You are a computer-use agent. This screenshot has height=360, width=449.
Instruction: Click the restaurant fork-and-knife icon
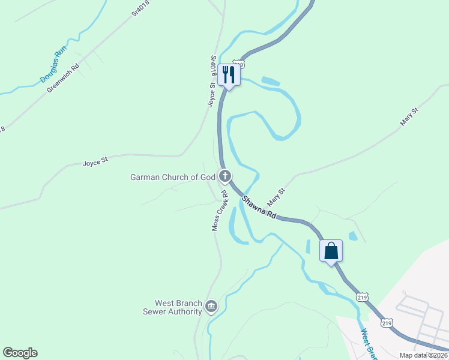click(x=229, y=74)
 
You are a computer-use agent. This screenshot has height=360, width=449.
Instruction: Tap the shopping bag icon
click(x=331, y=250)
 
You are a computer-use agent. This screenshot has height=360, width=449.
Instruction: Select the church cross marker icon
click(x=225, y=176)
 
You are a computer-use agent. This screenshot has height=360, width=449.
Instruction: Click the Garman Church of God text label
click(x=172, y=177)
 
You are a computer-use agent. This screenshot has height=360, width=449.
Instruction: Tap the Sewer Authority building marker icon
click(x=211, y=307)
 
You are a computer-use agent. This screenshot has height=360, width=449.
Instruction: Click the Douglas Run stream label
click(x=52, y=65)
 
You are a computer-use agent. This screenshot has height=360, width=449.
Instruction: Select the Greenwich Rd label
click(x=63, y=79)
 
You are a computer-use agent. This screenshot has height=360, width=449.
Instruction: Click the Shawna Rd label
click(x=260, y=206)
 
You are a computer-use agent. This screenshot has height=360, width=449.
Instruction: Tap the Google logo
click(x=20, y=353)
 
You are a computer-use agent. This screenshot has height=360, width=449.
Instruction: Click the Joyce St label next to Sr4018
click(x=212, y=95)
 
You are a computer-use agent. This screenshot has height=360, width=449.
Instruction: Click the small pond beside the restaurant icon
click(x=271, y=80)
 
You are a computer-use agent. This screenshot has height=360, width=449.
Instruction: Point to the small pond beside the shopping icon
click(x=354, y=236)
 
